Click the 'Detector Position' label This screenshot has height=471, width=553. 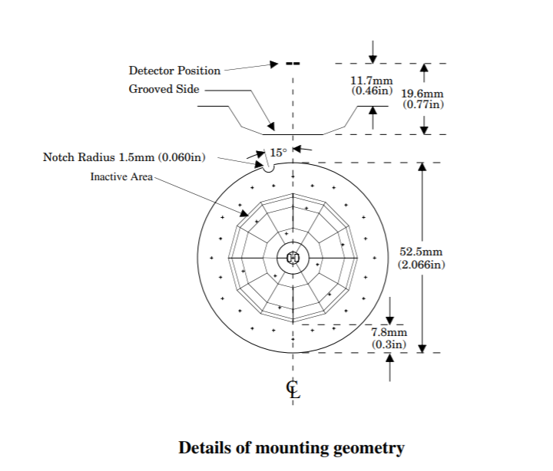click(174, 71)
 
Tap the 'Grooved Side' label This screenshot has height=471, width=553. click(164, 89)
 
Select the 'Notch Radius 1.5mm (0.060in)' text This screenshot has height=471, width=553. click(124, 158)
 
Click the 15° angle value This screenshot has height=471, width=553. click(278, 152)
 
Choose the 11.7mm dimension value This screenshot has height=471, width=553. click(372, 81)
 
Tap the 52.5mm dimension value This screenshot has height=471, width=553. click(421, 252)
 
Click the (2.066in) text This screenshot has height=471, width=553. click(421, 265)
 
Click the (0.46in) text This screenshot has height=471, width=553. click(372, 91)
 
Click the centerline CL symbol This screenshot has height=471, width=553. click(293, 388)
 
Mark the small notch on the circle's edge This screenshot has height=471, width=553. click(267, 169)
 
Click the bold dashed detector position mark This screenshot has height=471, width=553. click(292, 63)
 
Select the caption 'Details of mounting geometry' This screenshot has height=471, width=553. click(291, 447)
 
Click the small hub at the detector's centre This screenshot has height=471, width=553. click(293, 258)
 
